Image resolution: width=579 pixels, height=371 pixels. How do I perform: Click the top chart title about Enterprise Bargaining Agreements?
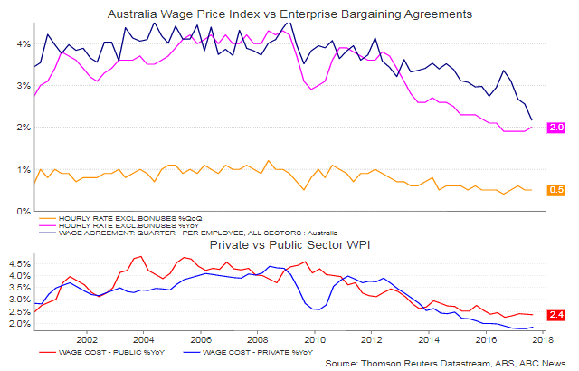coord(289,15)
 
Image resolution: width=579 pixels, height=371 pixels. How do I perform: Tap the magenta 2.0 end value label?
coord(556,128)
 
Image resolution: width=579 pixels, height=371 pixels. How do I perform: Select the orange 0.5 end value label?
coord(556,190)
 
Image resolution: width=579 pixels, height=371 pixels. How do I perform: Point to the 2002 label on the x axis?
coord(88,340)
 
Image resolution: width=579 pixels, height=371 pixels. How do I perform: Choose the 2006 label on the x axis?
coord(201,340)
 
